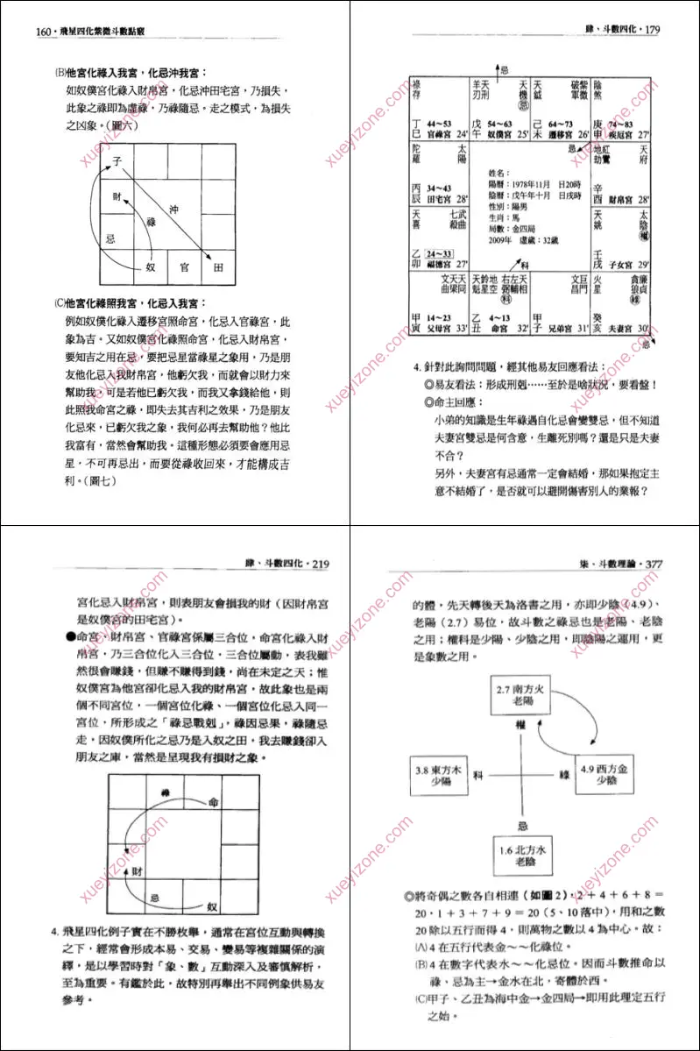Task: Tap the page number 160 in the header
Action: [44, 32]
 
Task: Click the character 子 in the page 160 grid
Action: [116, 161]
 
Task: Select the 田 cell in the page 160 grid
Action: [218, 266]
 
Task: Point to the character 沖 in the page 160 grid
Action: [173, 210]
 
